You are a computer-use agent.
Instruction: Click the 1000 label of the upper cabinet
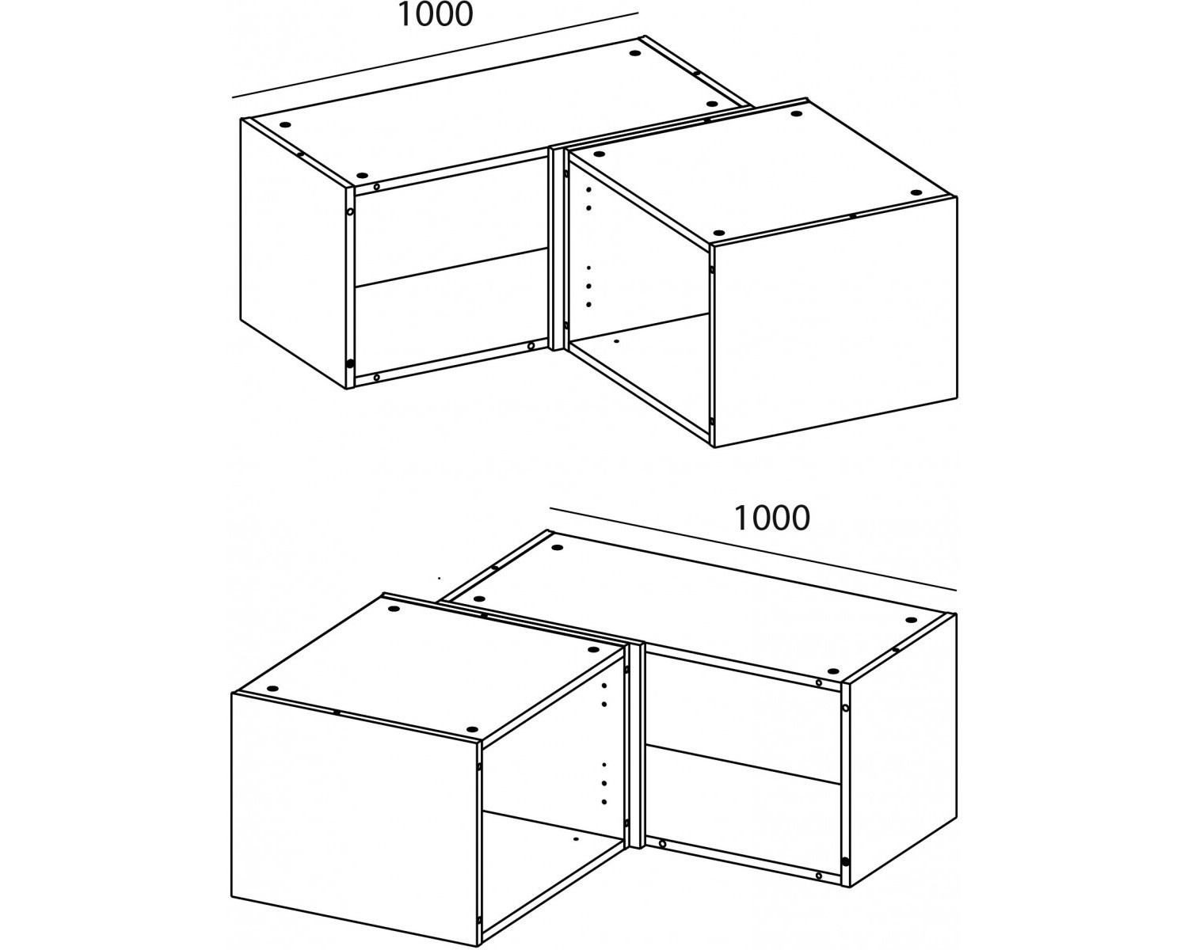435,14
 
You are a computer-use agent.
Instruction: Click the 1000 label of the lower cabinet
771,519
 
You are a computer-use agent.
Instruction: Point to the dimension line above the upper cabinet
435,55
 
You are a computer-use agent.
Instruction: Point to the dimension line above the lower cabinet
753,549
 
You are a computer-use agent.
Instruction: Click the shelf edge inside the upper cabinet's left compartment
451,267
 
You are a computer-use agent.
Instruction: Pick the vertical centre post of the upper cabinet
556,249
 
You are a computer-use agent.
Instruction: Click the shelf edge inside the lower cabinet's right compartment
743,764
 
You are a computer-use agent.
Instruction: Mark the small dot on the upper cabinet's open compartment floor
617,342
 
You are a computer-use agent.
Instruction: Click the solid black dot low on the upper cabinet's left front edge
350,363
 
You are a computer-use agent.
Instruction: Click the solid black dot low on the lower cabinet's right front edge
845,861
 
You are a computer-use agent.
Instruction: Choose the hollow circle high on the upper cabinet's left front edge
349,211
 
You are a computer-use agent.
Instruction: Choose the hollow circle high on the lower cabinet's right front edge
845,709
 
